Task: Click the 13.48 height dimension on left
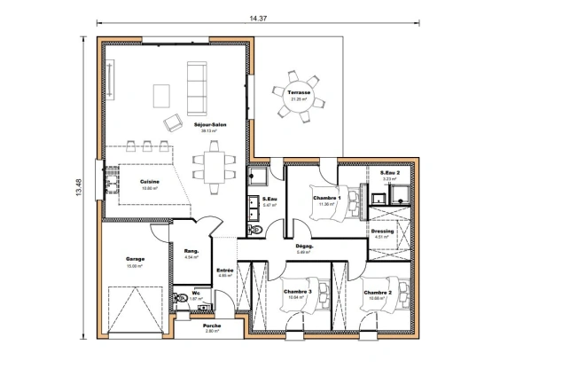(79, 187)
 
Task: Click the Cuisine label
(149, 181)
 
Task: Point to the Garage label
(135, 260)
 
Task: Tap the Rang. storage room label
(191, 252)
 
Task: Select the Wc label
(195, 294)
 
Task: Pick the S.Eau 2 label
(390, 173)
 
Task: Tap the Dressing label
(382, 231)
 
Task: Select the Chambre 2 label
(378, 293)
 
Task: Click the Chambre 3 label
(297, 292)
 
